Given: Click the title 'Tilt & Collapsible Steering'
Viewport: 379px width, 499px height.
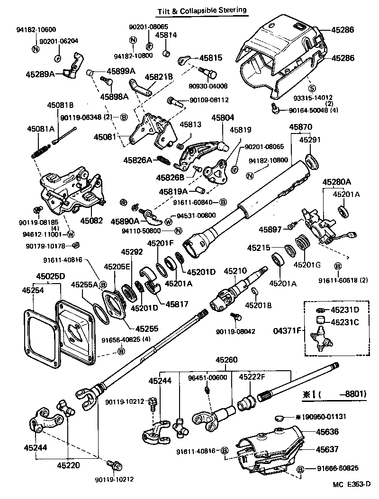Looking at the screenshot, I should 202,9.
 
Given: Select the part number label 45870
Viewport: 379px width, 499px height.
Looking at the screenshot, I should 301,127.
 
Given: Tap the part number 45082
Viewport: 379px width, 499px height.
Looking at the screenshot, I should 91,221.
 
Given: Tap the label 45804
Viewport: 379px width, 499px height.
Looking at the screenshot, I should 223,118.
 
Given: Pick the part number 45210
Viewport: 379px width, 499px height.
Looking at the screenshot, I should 235,271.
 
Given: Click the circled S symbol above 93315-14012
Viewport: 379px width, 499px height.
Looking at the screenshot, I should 311,88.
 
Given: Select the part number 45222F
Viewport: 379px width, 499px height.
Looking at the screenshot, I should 252,377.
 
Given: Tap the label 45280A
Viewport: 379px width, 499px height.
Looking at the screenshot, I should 337,182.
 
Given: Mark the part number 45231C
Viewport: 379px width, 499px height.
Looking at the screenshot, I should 345,322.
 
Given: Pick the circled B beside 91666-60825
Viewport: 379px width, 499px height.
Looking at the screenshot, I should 300,469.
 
